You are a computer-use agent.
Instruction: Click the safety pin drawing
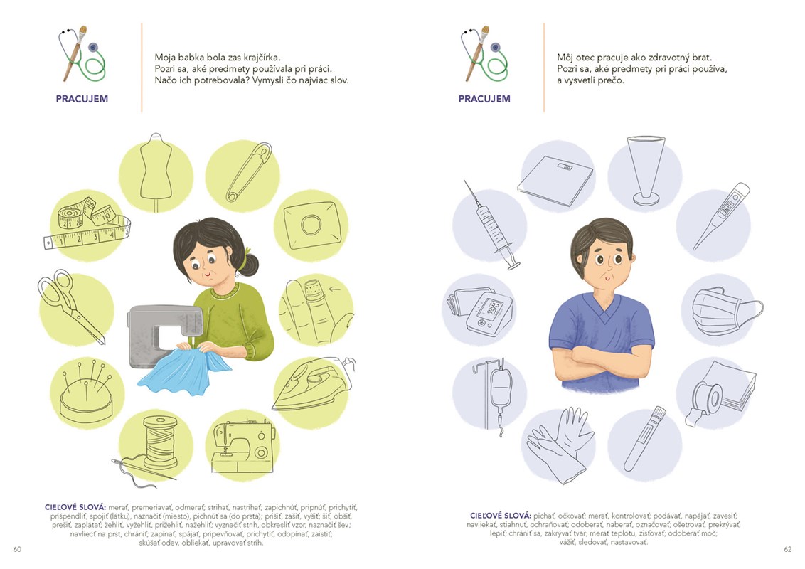tap(248, 172)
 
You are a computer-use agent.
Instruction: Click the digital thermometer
tap(721, 216)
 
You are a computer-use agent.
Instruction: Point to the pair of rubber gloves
tap(561, 445)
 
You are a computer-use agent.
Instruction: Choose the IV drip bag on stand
tap(494, 396)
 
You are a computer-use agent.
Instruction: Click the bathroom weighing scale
tap(555, 181)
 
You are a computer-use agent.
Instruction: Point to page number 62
tap(787, 549)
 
